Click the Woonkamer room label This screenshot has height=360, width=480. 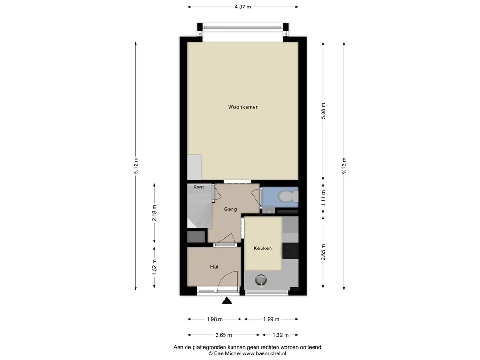[x=243, y=107]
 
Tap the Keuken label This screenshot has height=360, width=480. [x=262, y=248]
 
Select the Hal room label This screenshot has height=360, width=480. [x=214, y=267]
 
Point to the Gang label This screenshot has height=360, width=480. [x=230, y=209]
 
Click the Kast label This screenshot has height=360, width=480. [x=198, y=187]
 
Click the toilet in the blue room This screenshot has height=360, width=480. [x=288, y=196]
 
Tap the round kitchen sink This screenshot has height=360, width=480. [x=261, y=279]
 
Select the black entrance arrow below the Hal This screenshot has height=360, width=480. [x=227, y=300]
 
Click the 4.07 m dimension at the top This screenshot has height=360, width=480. [x=243, y=7]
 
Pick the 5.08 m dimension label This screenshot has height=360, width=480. [x=323, y=111]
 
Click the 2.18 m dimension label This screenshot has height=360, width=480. [x=154, y=213]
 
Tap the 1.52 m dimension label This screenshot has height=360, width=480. [x=154, y=267]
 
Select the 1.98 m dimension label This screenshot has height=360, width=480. [x=215, y=319]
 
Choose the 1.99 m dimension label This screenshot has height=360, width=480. [x=271, y=319]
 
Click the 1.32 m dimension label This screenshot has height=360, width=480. [x=280, y=335]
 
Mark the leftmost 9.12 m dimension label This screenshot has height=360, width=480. [x=136, y=166]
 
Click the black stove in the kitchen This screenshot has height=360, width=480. [x=290, y=250]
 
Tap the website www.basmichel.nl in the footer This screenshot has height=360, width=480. [x=264, y=353]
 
